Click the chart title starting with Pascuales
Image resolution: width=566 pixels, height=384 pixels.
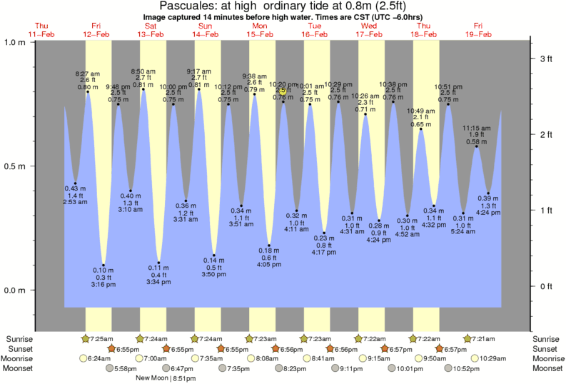point(283,7)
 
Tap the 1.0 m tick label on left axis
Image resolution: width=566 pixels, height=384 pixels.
point(18,41)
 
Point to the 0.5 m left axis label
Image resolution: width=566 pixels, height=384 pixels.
point(18,166)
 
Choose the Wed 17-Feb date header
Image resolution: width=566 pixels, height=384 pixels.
point(370,30)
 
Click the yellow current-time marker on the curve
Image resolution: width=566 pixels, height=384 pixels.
point(283,91)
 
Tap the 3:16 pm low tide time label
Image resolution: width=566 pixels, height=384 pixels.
point(103,284)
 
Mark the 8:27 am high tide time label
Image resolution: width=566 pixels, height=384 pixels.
point(87,74)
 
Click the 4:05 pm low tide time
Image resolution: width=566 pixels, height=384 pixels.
point(269,264)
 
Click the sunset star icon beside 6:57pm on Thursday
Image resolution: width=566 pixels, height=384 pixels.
point(440,348)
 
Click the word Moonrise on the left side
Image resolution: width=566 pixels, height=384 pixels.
point(19,358)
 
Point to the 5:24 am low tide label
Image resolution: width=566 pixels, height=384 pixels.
point(463,231)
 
